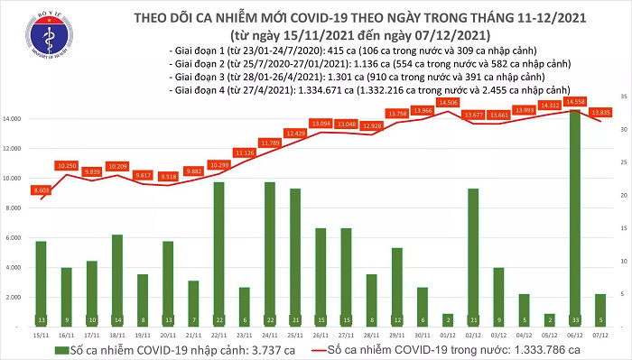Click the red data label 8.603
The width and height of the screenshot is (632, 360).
(40, 191)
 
